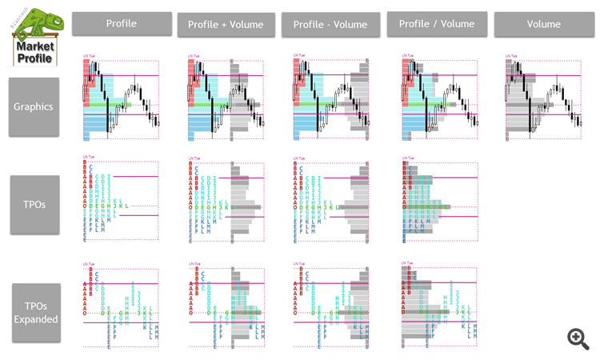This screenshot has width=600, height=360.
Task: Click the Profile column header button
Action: (x=122, y=24)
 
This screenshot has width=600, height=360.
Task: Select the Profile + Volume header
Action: (x=226, y=25)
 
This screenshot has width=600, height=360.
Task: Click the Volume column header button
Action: (x=542, y=25)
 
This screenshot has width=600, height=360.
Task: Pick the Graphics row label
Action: (x=34, y=106)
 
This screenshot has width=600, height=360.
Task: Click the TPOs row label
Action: (x=34, y=204)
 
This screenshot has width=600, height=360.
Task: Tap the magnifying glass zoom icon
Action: (x=578, y=338)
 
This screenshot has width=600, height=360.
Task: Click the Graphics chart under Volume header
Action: (x=543, y=100)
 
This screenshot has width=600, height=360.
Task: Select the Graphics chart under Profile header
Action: (x=121, y=100)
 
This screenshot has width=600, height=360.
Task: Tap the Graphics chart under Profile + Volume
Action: (x=226, y=100)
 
